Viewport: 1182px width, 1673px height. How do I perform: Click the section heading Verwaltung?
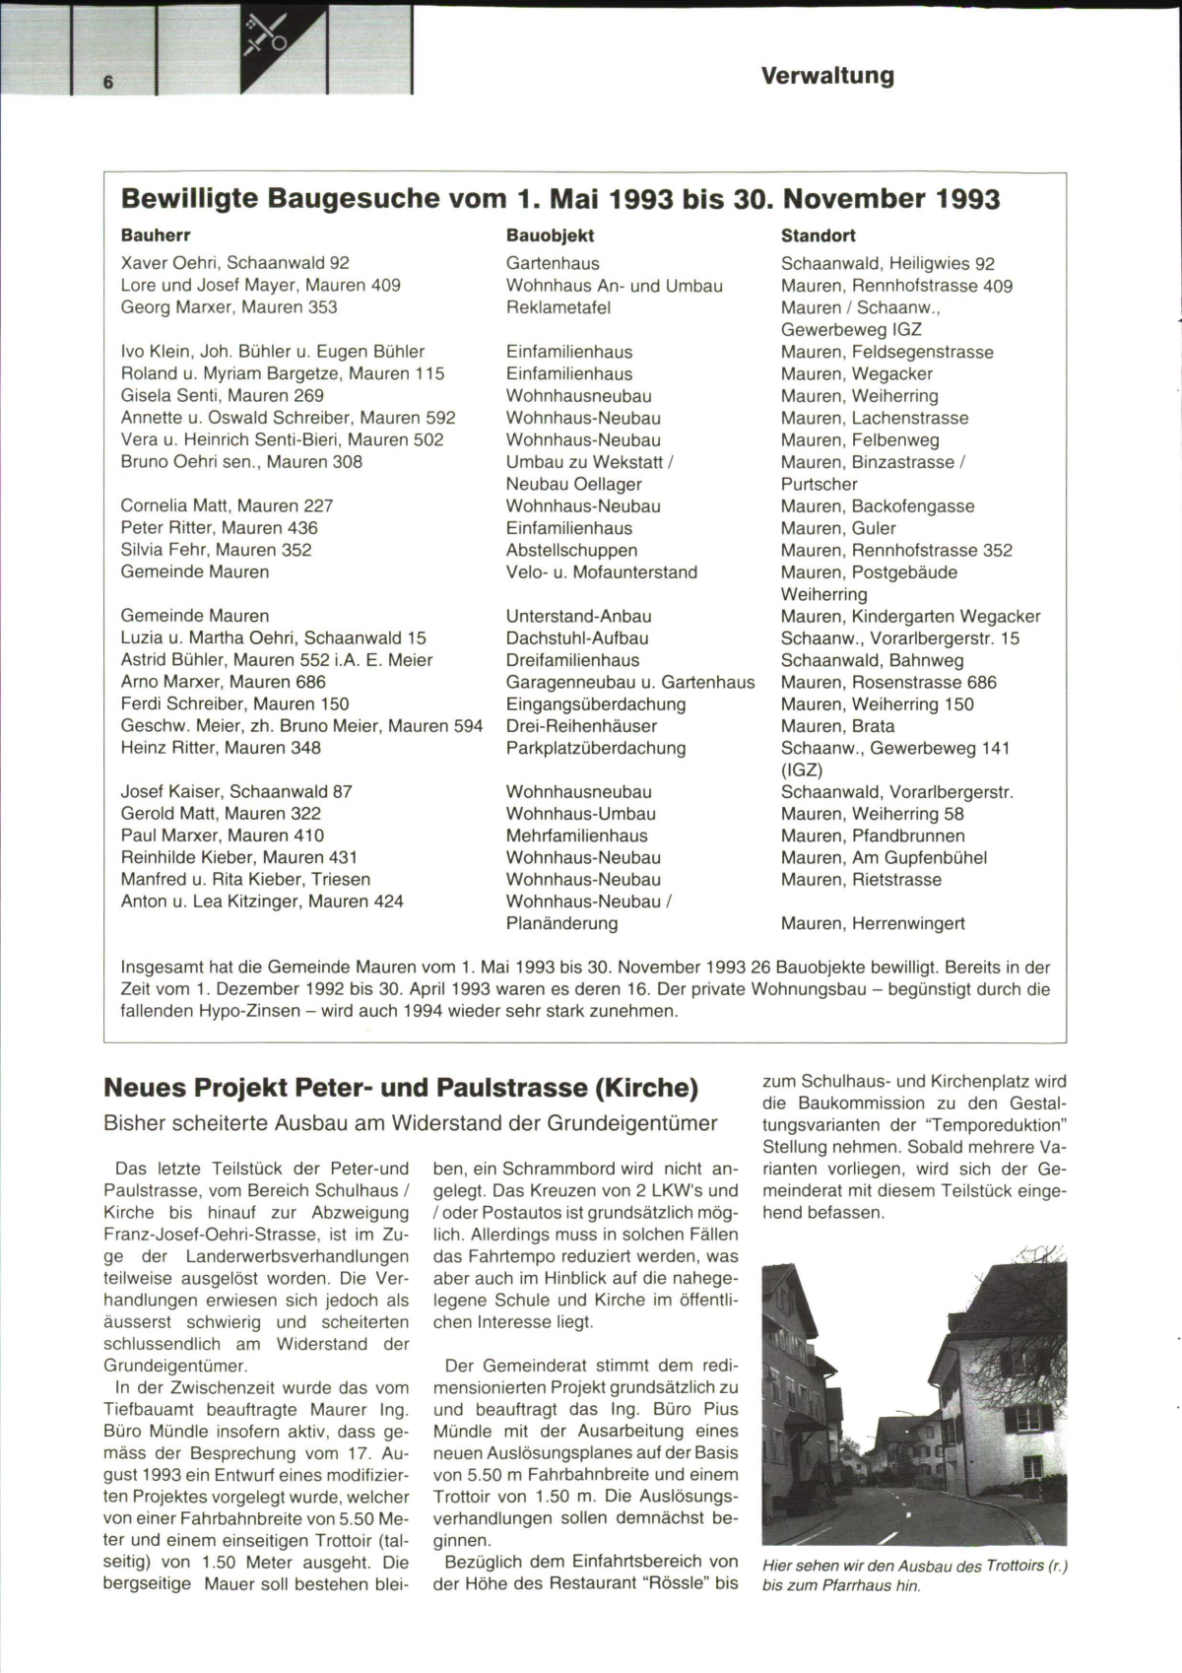tap(827, 76)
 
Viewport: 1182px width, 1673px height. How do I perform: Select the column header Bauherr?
tap(156, 235)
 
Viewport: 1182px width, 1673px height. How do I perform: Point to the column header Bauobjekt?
tap(550, 235)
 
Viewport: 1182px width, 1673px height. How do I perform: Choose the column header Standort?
tap(818, 235)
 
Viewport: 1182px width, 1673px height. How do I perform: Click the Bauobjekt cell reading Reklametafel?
tap(558, 307)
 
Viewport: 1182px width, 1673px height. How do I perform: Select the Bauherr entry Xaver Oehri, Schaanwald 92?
tap(234, 263)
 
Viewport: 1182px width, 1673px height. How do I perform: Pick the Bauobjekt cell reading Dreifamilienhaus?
tap(572, 660)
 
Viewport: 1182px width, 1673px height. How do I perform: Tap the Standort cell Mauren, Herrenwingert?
tap(873, 923)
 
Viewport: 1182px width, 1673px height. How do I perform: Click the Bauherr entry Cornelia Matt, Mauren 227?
tap(227, 505)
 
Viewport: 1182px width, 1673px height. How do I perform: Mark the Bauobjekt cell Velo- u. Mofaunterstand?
tap(601, 572)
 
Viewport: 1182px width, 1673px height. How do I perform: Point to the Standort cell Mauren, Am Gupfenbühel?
tap(884, 857)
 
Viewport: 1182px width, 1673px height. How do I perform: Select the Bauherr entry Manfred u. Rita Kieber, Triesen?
tap(245, 879)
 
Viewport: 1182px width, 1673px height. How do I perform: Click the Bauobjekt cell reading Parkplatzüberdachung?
tap(596, 748)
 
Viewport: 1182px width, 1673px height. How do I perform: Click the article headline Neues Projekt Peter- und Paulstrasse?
tap(401, 1088)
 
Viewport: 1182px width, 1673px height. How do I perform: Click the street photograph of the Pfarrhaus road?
tap(914, 1394)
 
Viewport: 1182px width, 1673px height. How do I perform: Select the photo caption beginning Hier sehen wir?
tap(915, 1575)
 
